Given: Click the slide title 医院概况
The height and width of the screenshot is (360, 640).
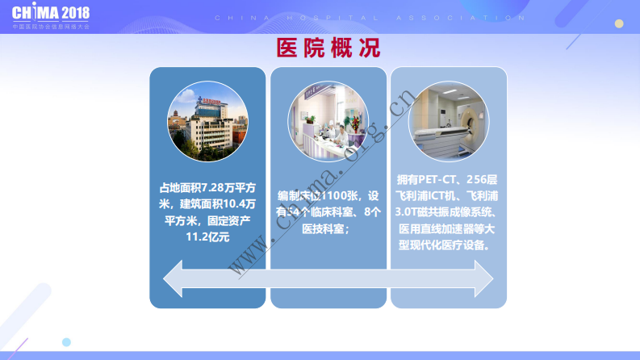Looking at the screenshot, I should (x=328, y=48).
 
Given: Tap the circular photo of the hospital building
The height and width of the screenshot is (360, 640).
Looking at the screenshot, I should (x=207, y=121).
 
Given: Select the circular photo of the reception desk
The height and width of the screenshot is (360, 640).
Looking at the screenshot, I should (x=328, y=121).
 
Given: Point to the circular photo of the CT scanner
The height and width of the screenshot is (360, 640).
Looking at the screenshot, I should (x=449, y=121).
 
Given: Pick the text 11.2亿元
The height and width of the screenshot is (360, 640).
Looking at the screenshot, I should (x=207, y=237).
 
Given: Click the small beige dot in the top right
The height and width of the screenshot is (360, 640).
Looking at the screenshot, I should (x=619, y=23).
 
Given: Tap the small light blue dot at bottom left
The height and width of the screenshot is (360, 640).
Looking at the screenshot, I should (x=67, y=341).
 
